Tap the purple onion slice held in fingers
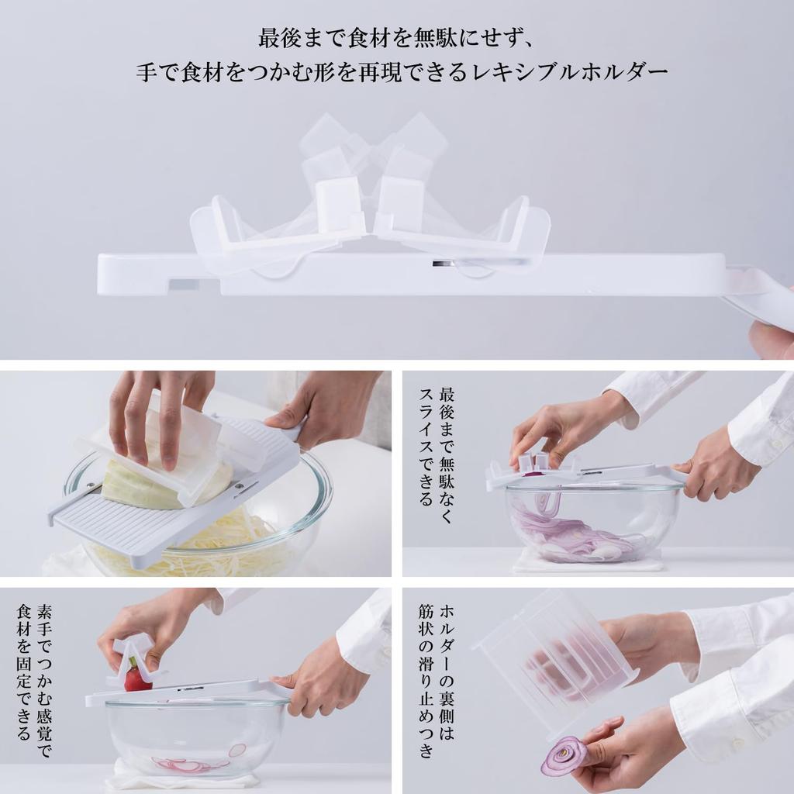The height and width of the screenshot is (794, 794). pyautogui.click(x=564, y=756)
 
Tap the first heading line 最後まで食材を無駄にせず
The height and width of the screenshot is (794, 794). pyautogui.click(x=396, y=37)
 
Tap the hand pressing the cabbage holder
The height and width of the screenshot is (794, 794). pyautogui.click(x=155, y=411)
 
